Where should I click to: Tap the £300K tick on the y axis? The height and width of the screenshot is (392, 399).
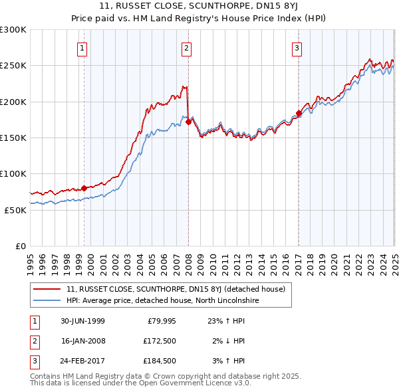[13, 30]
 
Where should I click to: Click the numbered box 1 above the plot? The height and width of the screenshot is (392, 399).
[81, 48]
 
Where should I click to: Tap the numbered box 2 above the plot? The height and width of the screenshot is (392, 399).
[187, 48]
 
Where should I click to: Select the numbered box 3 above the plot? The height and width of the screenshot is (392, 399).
[297, 48]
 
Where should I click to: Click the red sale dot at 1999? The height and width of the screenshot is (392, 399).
[84, 188]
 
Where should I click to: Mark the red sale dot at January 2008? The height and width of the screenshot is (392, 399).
[189, 122]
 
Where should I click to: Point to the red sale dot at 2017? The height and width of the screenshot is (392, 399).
[299, 113]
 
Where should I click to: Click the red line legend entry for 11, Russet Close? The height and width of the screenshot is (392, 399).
[176, 289]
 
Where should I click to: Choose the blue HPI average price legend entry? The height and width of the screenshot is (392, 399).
[162, 301]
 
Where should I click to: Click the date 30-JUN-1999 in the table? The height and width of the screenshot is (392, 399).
[83, 321]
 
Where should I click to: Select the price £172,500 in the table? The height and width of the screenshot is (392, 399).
[158, 342]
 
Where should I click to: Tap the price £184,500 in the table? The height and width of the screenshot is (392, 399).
[158, 362]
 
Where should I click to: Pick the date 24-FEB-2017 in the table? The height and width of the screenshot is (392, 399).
[83, 362]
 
